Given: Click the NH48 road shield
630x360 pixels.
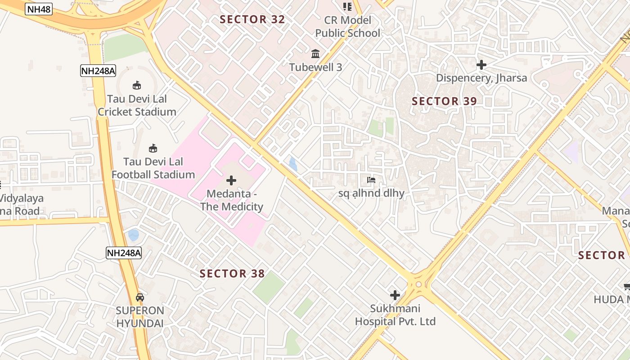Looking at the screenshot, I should tap(39, 9).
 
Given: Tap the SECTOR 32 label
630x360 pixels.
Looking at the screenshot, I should tap(252, 19).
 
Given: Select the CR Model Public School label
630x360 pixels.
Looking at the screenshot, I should tap(347, 27).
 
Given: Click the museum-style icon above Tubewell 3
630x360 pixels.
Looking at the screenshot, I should tap(315, 54).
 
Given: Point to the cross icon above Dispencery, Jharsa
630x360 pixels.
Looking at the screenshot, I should tap(481, 65).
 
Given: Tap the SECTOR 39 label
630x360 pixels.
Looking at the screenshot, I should tap(444, 101).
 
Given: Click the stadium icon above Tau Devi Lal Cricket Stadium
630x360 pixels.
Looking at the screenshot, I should tap(137, 85).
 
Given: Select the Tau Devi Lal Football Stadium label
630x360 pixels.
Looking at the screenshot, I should tap(153, 168).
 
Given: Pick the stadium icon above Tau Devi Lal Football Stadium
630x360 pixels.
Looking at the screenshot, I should tap(153, 148).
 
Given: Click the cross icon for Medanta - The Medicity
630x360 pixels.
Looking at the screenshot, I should tap(231, 180).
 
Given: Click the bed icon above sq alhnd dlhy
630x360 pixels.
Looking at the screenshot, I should tap(371, 180).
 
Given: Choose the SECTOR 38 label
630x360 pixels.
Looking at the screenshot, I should tap(232, 274).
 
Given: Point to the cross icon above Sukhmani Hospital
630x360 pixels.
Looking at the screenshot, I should tap(395, 295).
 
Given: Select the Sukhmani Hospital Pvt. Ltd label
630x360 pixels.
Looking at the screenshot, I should tap(395, 315).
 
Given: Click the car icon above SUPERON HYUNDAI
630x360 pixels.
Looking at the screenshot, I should tap(140, 297).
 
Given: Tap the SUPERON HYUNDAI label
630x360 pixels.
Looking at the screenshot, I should tap(140, 317).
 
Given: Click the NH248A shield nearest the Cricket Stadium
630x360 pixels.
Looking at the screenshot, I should tap(98, 71).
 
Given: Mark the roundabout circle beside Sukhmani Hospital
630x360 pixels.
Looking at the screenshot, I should tap(419, 284).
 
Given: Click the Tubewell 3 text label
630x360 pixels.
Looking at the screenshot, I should tap(315, 67).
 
